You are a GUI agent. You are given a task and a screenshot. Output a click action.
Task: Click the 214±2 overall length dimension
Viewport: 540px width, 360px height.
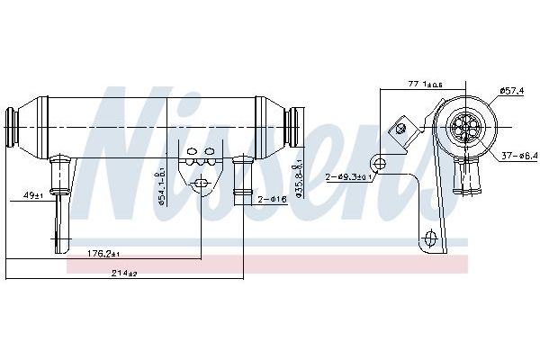click(124, 273)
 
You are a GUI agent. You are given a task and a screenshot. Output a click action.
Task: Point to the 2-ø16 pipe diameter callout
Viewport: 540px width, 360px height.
click(271, 199)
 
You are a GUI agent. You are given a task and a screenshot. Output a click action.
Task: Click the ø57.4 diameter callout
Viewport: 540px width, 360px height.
click(513, 90)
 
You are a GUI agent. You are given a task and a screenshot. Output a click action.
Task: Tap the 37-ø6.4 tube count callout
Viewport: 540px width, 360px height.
click(519, 155)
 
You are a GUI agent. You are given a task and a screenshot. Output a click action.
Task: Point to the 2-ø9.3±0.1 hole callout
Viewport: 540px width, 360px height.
click(349, 176)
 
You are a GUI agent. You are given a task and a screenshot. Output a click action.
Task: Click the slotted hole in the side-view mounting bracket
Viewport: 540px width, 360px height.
click(199, 184)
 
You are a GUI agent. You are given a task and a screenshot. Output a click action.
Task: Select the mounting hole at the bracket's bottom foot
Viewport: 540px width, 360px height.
click(430, 238)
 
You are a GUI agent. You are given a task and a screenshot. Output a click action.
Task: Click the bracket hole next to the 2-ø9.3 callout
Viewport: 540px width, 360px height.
click(382, 163)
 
